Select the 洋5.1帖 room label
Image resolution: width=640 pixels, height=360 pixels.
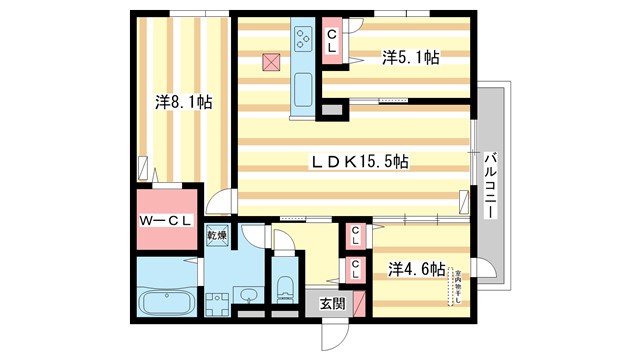pos(410,59)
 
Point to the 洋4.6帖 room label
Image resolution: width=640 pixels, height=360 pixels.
pos(416,268)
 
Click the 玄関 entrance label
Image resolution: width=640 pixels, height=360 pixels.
pos(332,305)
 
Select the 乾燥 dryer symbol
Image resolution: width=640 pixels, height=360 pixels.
pos(217,236)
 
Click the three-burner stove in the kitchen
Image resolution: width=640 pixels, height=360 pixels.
pos(303,40)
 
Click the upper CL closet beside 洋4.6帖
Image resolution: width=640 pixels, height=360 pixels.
pos(355,236)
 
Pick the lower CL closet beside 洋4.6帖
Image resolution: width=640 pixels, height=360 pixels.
pos(355,268)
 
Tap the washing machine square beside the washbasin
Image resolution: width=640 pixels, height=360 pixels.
pos(217,303)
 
